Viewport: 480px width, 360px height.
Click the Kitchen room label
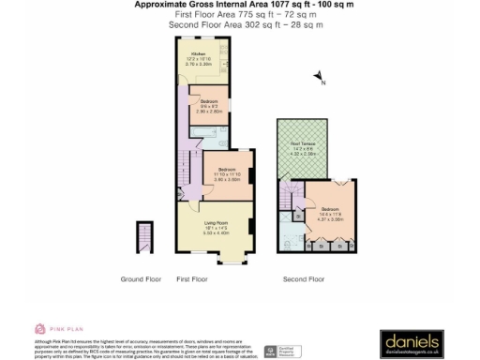199,61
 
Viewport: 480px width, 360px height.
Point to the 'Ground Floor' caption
141,279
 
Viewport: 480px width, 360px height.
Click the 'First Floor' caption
191,279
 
